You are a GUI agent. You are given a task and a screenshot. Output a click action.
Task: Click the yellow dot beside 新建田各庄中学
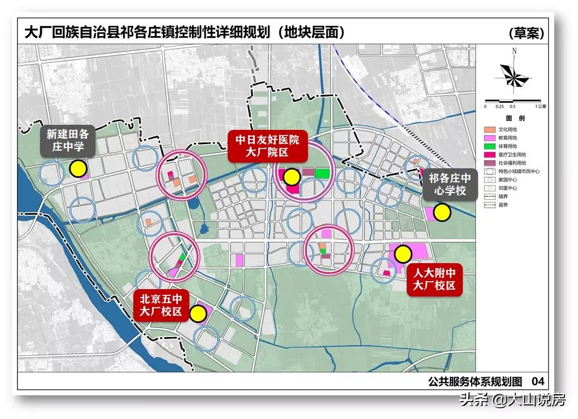[x=78, y=168]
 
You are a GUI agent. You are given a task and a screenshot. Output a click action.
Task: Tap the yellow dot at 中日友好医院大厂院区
[x=292, y=177]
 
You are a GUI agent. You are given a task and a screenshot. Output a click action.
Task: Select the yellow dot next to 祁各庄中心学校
[x=442, y=212]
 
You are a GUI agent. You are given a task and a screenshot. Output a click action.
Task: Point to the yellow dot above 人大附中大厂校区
[x=403, y=254]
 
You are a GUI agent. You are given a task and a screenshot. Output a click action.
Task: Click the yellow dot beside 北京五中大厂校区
[x=198, y=314]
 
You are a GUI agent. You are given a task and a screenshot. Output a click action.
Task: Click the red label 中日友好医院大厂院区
[x=267, y=146]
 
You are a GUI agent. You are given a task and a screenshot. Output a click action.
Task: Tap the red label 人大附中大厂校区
[x=434, y=280]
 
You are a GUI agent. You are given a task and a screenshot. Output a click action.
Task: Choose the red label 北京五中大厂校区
[x=161, y=305]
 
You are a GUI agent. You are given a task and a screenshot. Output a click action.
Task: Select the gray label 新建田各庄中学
[x=68, y=141]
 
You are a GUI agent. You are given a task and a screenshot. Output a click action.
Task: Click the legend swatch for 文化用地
[x=490, y=129]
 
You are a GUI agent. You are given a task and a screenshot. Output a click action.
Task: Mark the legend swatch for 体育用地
[x=490, y=146]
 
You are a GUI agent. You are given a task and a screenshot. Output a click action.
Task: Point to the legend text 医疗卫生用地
[x=511, y=154]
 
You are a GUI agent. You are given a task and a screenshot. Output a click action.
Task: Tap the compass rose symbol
[x=514, y=76]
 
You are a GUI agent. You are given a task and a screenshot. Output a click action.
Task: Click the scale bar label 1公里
[x=541, y=106]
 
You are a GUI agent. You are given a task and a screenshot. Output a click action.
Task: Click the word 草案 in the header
[x=526, y=33]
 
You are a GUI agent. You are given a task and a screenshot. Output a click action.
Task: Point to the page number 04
[x=538, y=381]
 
